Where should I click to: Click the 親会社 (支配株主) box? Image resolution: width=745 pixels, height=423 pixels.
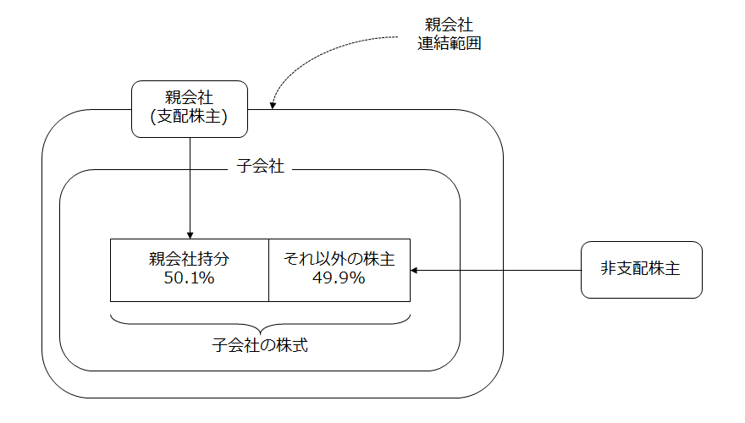coord(190,108)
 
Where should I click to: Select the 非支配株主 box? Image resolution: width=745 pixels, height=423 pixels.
coord(641,270)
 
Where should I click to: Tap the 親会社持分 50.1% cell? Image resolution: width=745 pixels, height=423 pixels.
coord(190,270)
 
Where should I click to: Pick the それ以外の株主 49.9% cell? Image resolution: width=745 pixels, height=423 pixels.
coord(339,270)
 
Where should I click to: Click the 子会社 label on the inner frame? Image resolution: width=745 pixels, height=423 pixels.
coord(258,168)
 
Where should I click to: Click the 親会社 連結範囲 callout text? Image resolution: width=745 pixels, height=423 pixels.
coord(450,35)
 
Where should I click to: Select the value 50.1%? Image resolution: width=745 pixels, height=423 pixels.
coord(190,278)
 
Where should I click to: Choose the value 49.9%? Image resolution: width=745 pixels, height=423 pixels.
coord(339,278)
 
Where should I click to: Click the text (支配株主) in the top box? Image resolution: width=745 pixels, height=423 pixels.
coord(190,118)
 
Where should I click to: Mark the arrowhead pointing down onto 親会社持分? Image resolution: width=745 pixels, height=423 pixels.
coord(190,234)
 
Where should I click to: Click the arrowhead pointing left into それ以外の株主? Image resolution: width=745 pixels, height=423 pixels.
coord(415,270)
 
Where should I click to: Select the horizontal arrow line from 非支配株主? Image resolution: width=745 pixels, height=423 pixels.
coord(499,270)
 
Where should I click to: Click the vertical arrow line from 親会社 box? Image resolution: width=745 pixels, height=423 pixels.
coord(190,186)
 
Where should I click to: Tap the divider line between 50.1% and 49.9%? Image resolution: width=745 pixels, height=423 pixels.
coord(268,270)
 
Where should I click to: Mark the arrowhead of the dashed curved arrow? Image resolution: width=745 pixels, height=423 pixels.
coord(273,105)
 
